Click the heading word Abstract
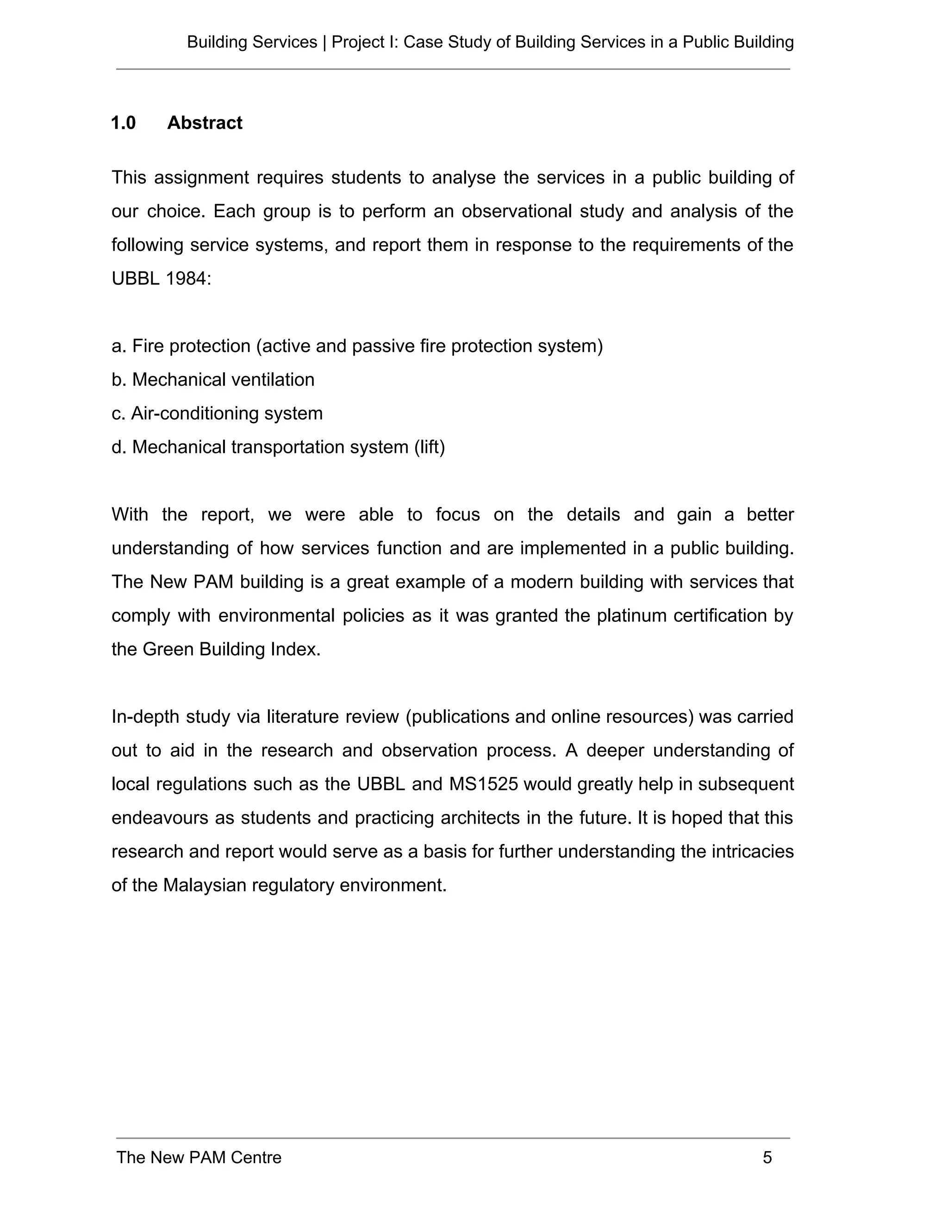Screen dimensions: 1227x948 [x=205, y=123]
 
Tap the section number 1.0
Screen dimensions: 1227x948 [x=123, y=123]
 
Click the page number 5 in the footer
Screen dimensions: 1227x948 [x=767, y=1158]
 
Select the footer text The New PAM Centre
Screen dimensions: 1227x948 [x=199, y=1158]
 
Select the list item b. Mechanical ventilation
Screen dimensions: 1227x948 [x=213, y=380]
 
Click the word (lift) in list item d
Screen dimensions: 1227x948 [x=429, y=447]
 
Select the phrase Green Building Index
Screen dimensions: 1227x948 [x=231, y=650]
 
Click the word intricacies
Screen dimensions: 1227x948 [x=753, y=851]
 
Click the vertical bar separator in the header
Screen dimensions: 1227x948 [x=324, y=42]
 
